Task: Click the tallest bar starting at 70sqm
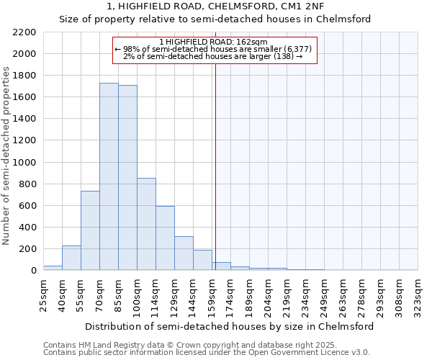click(x=109, y=176)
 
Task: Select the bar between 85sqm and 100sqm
click(x=127, y=178)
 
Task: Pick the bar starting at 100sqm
click(x=146, y=224)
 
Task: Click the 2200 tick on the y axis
click(x=25, y=32)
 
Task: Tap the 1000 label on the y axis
click(x=25, y=163)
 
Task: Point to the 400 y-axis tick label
click(x=28, y=228)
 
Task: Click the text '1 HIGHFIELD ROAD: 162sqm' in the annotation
click(x=213, y=42)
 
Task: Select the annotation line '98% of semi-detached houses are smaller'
click(x=213, y=49)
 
